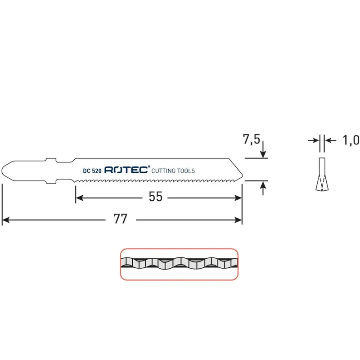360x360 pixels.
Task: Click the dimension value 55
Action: pos(155,197)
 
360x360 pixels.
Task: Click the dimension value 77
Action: pos(120,219)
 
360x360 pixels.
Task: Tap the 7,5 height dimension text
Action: pos(252,139)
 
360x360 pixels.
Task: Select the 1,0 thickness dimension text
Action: pos(351,140)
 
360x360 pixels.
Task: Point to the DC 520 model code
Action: pos(92,171)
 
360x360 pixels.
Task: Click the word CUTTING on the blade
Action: pos(163,171)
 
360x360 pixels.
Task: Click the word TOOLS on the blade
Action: pos(185,171)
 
